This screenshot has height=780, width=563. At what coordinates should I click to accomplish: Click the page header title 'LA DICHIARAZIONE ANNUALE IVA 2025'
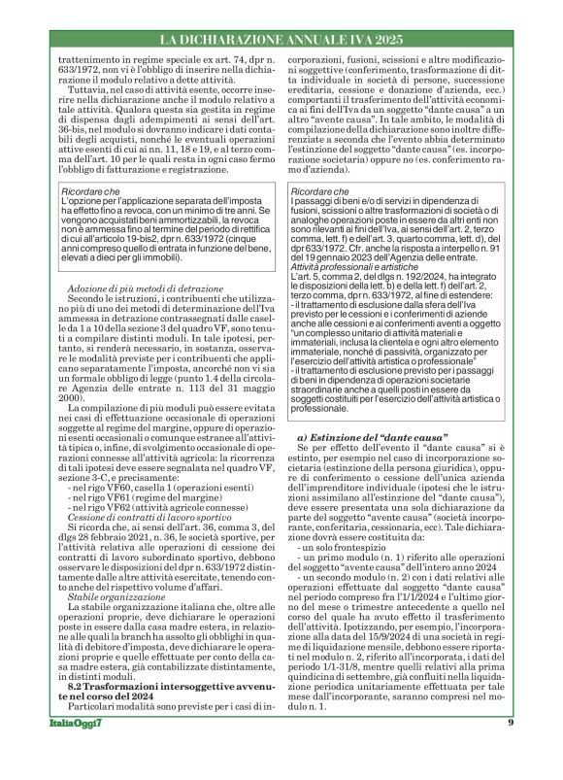click(x=281, y=40)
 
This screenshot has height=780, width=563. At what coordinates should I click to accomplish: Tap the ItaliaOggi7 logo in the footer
click(x=64, y=750)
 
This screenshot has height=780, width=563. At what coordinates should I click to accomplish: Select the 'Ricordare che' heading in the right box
click(x=320, y=191)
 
